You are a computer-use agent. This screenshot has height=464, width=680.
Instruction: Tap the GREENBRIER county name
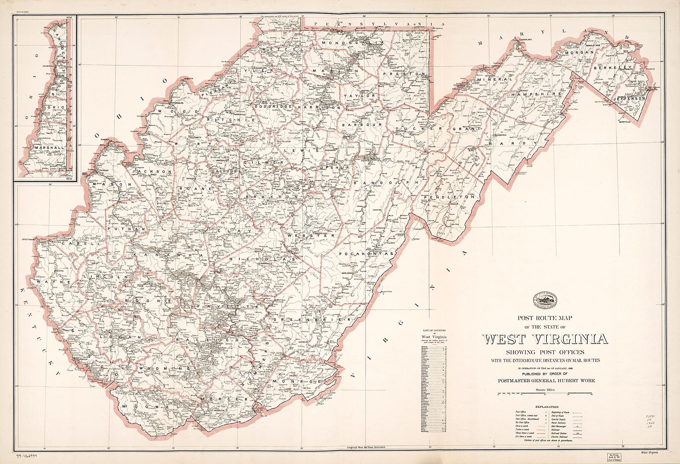(x=312, y=320)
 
